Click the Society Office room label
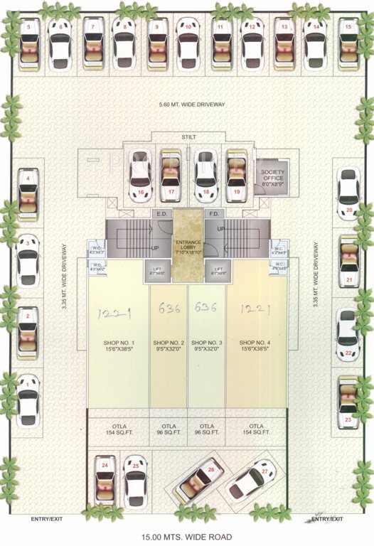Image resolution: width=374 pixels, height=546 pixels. [272, 177]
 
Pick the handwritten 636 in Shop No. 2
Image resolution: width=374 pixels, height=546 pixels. [169, 309]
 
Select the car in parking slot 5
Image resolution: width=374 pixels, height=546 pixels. [28, 44]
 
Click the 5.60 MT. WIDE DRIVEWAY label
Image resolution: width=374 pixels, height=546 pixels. [192, 105]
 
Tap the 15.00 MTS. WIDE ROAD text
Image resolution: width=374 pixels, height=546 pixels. [187, 537]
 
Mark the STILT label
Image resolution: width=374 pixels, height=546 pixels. [188, 136]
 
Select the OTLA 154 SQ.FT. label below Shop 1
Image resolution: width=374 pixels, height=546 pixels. [118, 428]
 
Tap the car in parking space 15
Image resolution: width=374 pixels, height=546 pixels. [348, 44]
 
